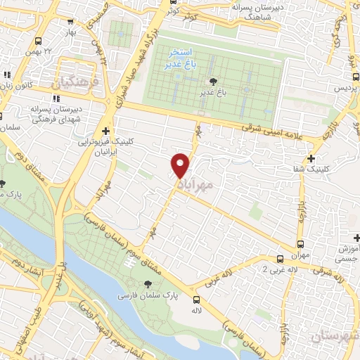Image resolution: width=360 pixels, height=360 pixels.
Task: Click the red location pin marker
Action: coord(181,165)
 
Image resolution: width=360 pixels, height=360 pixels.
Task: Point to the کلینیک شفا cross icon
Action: coord(311,158)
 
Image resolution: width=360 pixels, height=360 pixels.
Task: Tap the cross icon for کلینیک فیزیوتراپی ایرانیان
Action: coord(105,130)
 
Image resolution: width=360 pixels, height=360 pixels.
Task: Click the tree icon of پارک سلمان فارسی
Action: coord(148,283)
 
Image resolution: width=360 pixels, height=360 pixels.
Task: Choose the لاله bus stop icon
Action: coord(195,300)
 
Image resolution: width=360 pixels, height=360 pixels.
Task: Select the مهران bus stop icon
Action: coord(280,259)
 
